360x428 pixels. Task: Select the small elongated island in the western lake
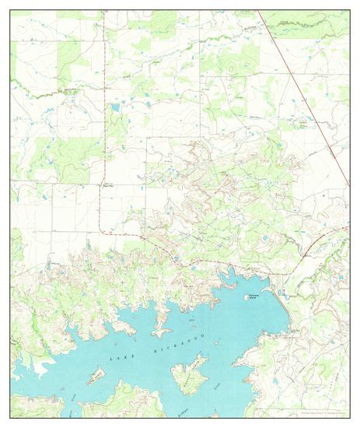95,377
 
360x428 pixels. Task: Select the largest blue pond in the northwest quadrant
115,107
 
